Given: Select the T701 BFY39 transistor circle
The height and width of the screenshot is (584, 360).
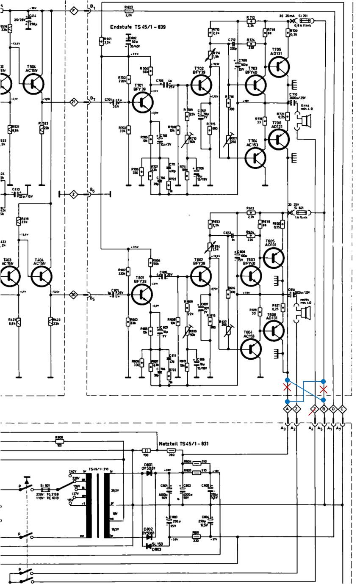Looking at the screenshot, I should (142, 103).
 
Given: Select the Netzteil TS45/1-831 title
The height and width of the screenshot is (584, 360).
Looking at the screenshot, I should (183, 444).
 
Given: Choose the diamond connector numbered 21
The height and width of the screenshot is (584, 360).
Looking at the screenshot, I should (74, 102).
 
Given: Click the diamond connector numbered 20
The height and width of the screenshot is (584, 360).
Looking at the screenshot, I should (74, 295).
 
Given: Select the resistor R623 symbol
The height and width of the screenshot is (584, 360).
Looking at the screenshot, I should (129, 11).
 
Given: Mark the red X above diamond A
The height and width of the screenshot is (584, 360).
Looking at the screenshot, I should (288, 387).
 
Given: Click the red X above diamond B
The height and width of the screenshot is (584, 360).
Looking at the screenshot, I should (324, 389).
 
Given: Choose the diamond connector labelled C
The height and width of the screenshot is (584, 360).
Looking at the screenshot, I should (343, 409).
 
